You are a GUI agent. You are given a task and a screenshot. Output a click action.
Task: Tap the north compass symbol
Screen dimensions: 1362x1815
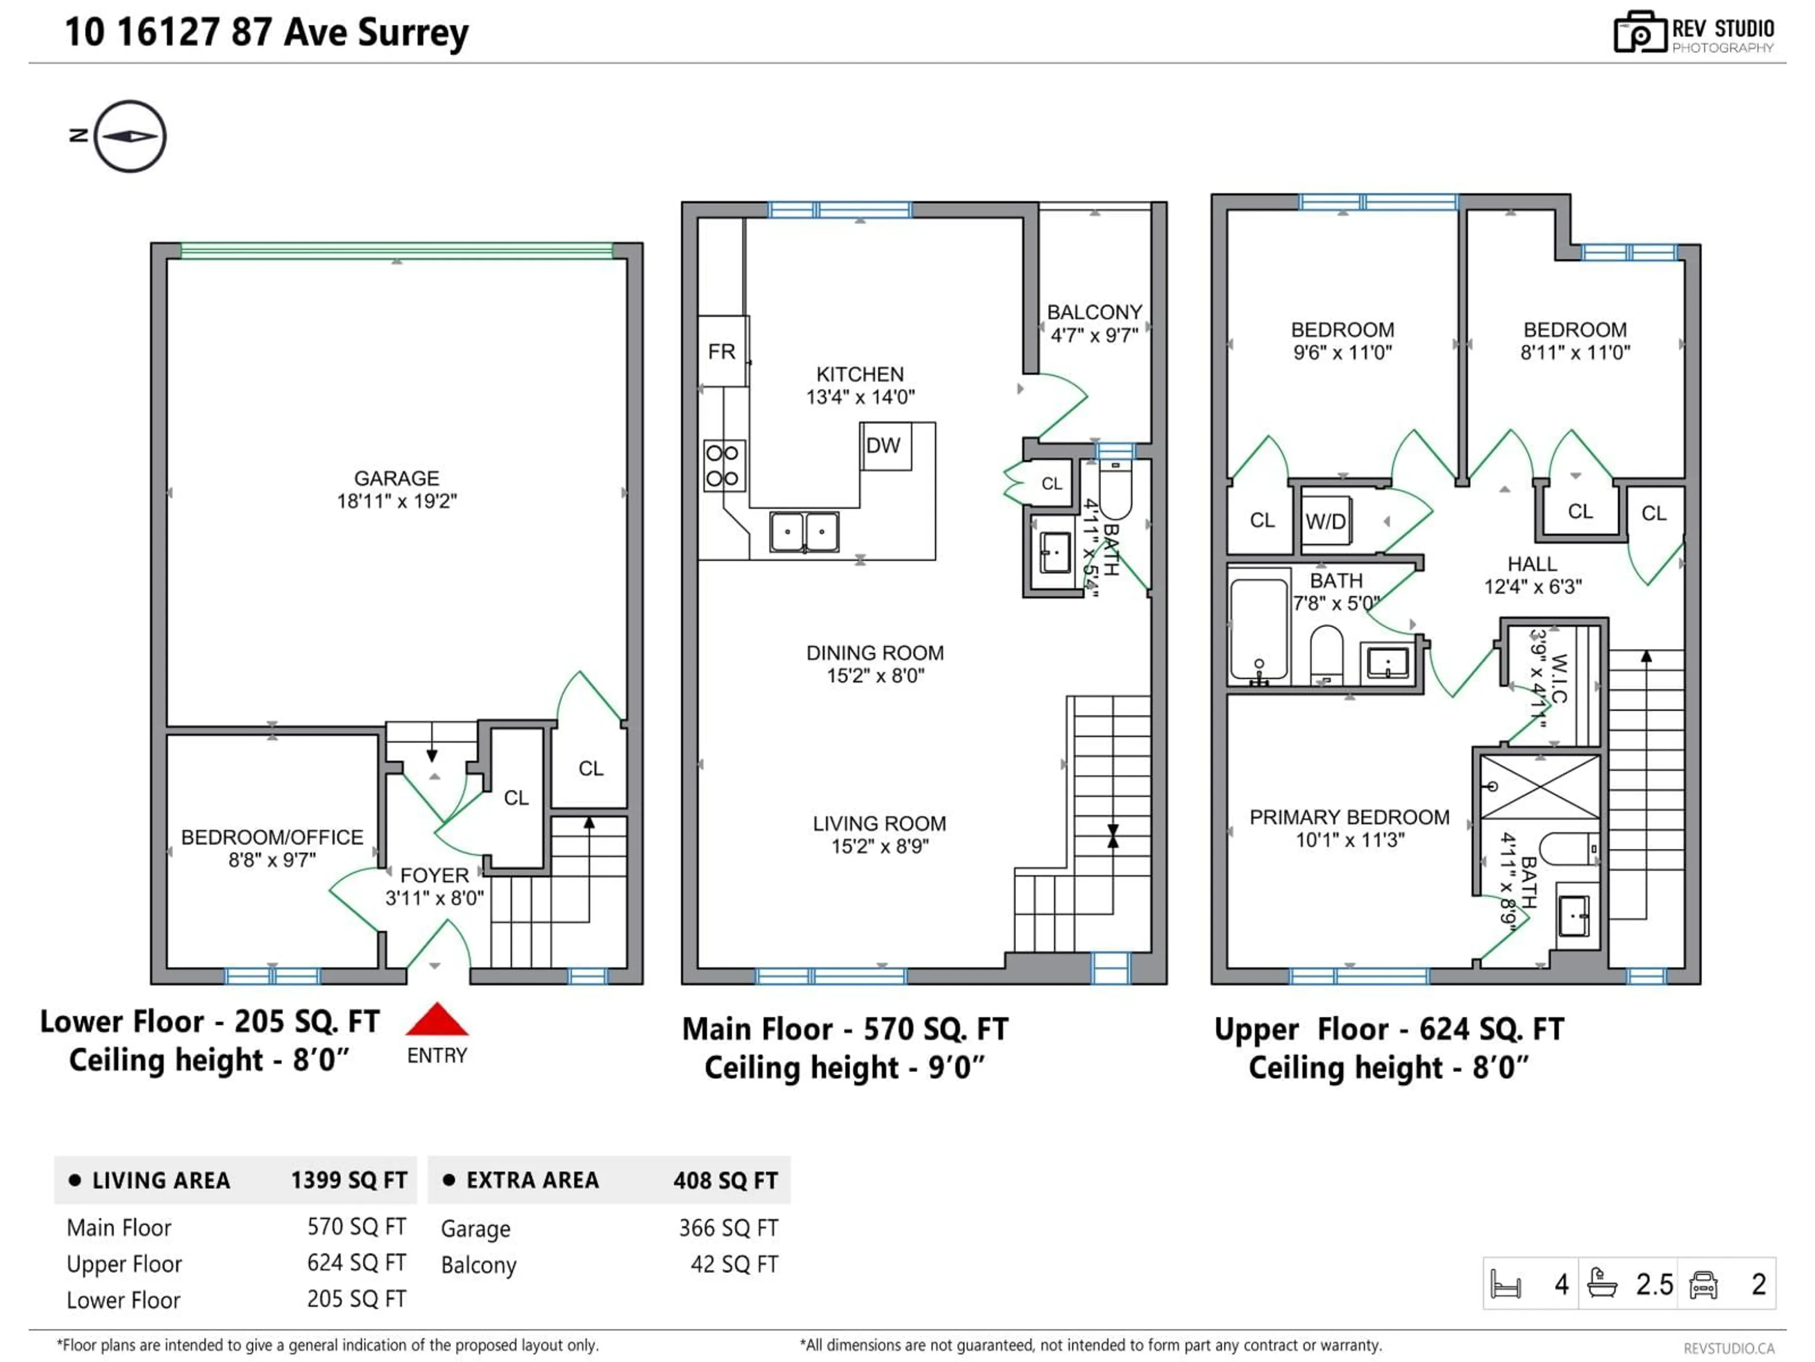[x=130, y=136]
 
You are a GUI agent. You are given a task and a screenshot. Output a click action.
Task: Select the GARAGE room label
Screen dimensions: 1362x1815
[x=396, y=479]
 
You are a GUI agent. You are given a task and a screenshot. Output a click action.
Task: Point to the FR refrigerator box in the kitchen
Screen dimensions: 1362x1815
[x=722, y=351]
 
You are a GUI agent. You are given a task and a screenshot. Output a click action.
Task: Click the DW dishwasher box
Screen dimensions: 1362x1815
[x=884, y=446]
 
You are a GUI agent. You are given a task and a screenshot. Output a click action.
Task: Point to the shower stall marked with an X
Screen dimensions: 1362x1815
[x=1539, y=786]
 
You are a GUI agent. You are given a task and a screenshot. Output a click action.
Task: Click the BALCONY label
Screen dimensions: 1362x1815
[x=1095, y=313]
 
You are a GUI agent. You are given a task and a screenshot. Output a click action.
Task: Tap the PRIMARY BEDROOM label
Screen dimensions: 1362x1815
[x=1349, y=818]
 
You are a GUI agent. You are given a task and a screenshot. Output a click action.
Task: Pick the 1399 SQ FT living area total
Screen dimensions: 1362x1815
[x=349, y=1180]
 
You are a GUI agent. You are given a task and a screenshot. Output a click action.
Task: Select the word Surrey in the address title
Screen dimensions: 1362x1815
[x=413, y=33]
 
